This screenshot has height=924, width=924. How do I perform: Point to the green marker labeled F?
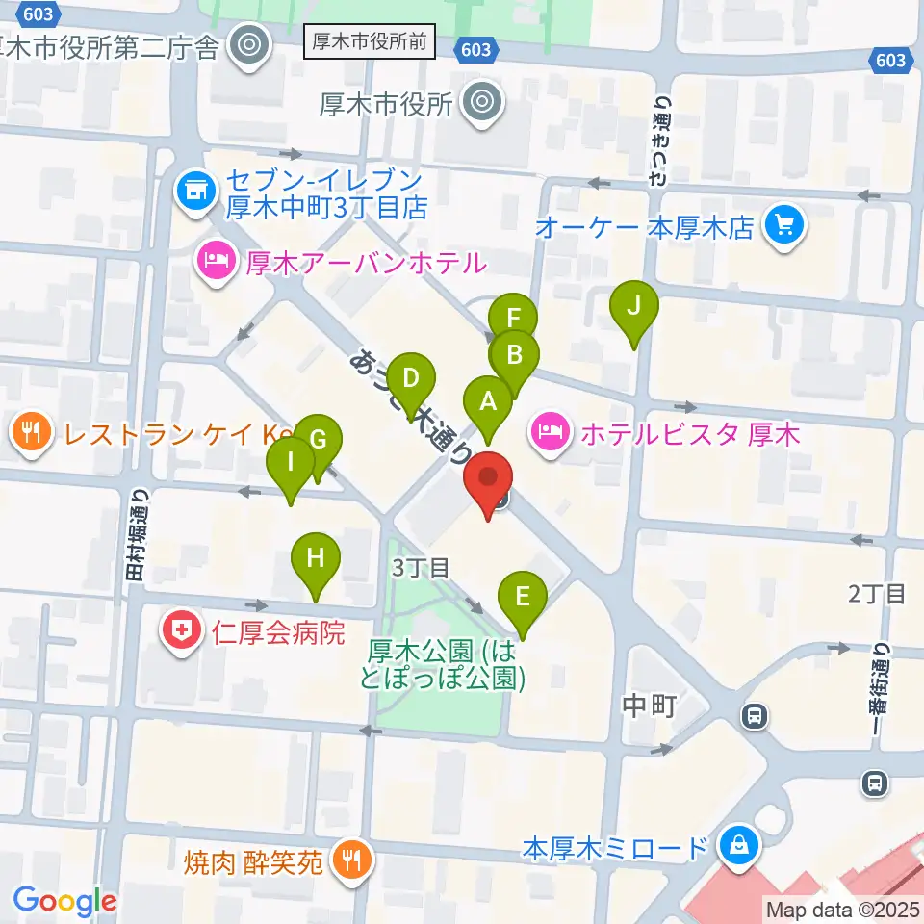pos(513,318)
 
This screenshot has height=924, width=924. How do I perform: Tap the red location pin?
pos(488,480)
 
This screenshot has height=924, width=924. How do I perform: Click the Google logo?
pos(64,900)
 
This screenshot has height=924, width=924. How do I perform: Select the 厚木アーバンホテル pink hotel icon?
pos(215,261)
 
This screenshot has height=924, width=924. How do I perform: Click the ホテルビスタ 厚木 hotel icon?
pos(549,434)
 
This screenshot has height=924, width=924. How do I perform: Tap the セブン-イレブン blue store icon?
pos(196,192)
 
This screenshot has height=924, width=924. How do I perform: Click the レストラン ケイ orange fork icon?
pos(33,433)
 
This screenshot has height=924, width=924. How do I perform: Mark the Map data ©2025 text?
pos(842,909)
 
